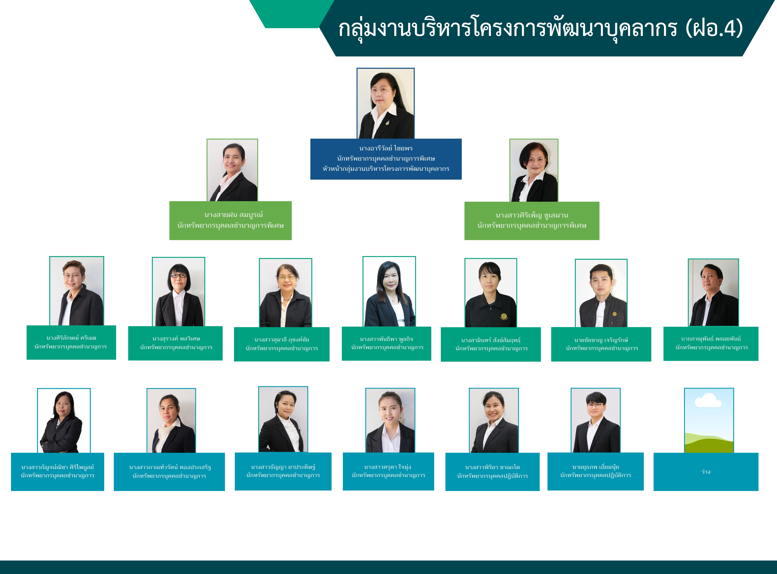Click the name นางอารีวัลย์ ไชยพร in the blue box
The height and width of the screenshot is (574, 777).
point(386,148)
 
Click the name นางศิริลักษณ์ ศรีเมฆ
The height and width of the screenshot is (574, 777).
point(71,338)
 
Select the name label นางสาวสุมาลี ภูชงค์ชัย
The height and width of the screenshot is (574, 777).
point(281,339)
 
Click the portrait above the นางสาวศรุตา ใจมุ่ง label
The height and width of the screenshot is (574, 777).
point(390,420)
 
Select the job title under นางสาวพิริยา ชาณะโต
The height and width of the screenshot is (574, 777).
point(492,476)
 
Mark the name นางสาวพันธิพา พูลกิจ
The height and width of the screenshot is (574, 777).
point(386,339)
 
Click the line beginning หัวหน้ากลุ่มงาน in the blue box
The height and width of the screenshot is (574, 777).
point(386,169)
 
